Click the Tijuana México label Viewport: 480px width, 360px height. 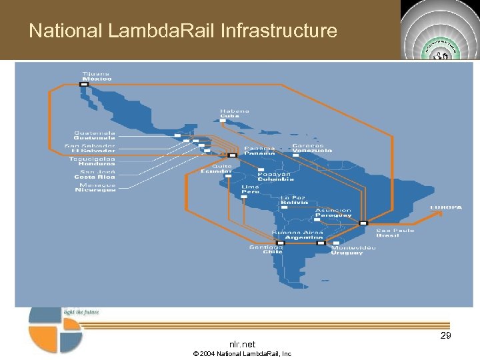[96, 75]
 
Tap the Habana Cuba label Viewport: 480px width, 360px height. [235, 113]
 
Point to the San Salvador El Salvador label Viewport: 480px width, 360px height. [90, 148]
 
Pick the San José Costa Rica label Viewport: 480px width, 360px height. [94, 174]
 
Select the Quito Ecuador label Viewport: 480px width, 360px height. [217, 169]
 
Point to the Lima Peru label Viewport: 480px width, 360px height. [251, 189]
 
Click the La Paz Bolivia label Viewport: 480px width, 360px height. [294, 200]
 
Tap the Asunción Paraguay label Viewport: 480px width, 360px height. [333, 213]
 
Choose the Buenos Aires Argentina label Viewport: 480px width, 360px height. [304, 235]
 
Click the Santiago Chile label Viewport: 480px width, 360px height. [266, 249]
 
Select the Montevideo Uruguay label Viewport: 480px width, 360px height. [353, 250]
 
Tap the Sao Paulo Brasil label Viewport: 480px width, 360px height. [395, 233]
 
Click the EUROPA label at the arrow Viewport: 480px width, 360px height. [445, 207]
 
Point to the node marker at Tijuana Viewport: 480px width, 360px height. [85, 84]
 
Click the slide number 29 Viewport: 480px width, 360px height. [445, 336]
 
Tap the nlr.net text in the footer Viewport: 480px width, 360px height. [242, 344]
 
